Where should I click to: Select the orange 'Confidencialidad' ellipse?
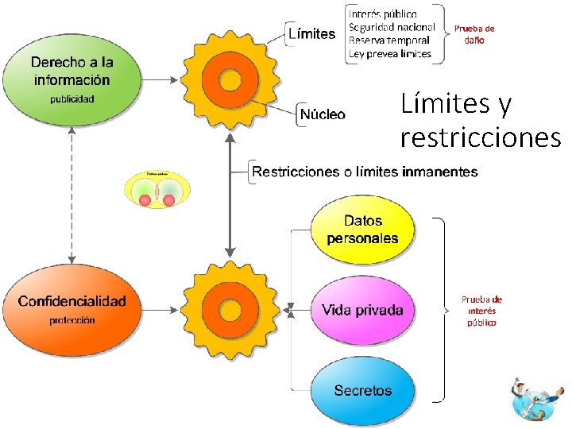(71, 309)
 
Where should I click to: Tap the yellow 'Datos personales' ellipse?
(362, 230)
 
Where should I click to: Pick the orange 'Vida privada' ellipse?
(362, 310)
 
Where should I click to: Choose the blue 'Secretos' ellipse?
(362, 390)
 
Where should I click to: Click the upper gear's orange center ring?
(230, 79)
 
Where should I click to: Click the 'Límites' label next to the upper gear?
(311, 34)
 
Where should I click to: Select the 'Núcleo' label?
(323, 114)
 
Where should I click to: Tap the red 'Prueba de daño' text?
(474, 34)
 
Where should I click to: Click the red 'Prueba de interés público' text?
(481, 311)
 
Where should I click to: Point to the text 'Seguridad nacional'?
(392, 27)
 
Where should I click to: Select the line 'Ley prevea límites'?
(390, 53)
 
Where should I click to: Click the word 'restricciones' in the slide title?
(481, 137)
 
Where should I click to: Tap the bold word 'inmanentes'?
(440, 172)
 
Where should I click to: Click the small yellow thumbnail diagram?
(157, 190)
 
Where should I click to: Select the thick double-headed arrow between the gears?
(230, 195)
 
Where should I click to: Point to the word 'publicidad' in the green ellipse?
(71, 99)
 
